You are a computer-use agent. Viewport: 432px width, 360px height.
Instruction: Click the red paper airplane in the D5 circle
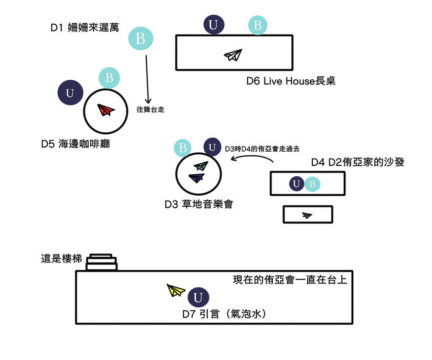pos(106,110)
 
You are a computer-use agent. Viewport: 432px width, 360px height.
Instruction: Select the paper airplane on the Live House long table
pos(233,55)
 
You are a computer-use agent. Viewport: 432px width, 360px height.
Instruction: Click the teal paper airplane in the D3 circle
pos(201,166)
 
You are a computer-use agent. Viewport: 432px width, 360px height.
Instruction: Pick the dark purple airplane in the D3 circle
pos(198,178)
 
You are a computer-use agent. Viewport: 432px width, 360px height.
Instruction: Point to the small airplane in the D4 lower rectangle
pos(307,215)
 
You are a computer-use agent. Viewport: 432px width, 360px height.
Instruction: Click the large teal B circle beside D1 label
pos(140,38)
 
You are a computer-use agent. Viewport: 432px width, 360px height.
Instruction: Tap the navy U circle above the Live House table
pos(213,25)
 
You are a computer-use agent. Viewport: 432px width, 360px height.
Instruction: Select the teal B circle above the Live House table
pos(257,25)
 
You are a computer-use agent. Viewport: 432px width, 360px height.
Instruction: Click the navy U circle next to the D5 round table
pos(70,93)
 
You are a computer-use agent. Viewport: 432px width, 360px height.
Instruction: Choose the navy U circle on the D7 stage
pos(197,298)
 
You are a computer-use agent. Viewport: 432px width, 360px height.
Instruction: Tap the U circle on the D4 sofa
pos(297,184)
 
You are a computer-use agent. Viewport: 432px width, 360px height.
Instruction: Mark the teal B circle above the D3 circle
pos(183,148)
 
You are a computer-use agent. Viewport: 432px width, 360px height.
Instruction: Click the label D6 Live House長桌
pos(291,81)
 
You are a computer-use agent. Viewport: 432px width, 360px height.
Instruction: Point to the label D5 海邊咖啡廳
pos(76,143)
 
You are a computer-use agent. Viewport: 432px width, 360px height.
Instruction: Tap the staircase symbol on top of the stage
pos(102,262)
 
